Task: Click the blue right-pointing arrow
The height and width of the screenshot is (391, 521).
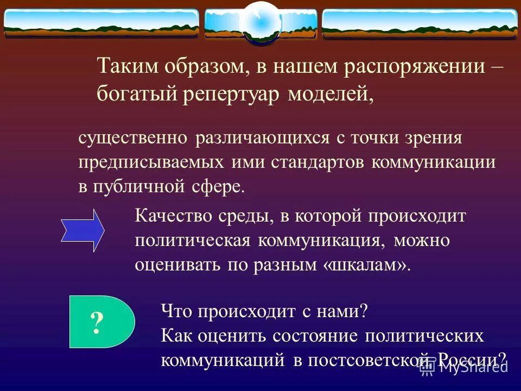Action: point(82,230)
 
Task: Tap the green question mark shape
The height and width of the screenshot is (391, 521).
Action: point(101,322)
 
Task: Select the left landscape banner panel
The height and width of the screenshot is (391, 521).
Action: point(101,23)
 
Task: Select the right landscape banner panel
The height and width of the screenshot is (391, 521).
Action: point(420,23)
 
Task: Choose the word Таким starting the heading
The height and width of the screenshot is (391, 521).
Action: point(123,67)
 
